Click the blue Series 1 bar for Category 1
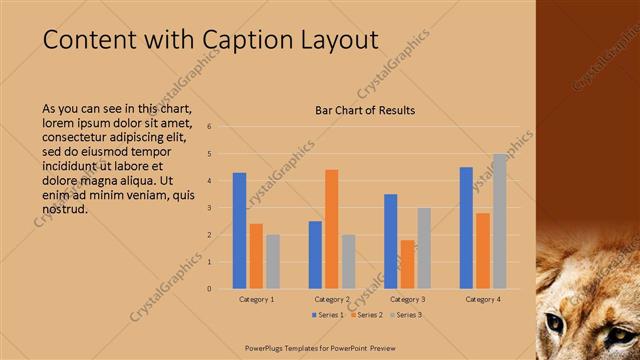pyautogui.click(x=239, y=231)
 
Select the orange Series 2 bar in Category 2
pyautogui.click(x=331, y=229)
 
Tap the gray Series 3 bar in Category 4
pyautogui.click(x=499, y=221)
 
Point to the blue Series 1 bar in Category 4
pyautogui.click(x=466, y=228)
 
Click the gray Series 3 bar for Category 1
pyautogui.click(x=273, y=261)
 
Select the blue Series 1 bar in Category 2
pyautogui.click(x=315, y=255)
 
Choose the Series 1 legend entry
pyautogui.click(x=329, y=315)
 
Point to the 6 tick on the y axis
pyautogui.click(x=210, y=127)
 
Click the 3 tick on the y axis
pyautogui.click(x=210, y=208)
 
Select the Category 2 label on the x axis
pyautogui.click(x=333, y=299)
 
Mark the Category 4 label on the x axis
pyautogui.click(x=483, y=299)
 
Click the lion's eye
pyautogui.click(x=555, y=322)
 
